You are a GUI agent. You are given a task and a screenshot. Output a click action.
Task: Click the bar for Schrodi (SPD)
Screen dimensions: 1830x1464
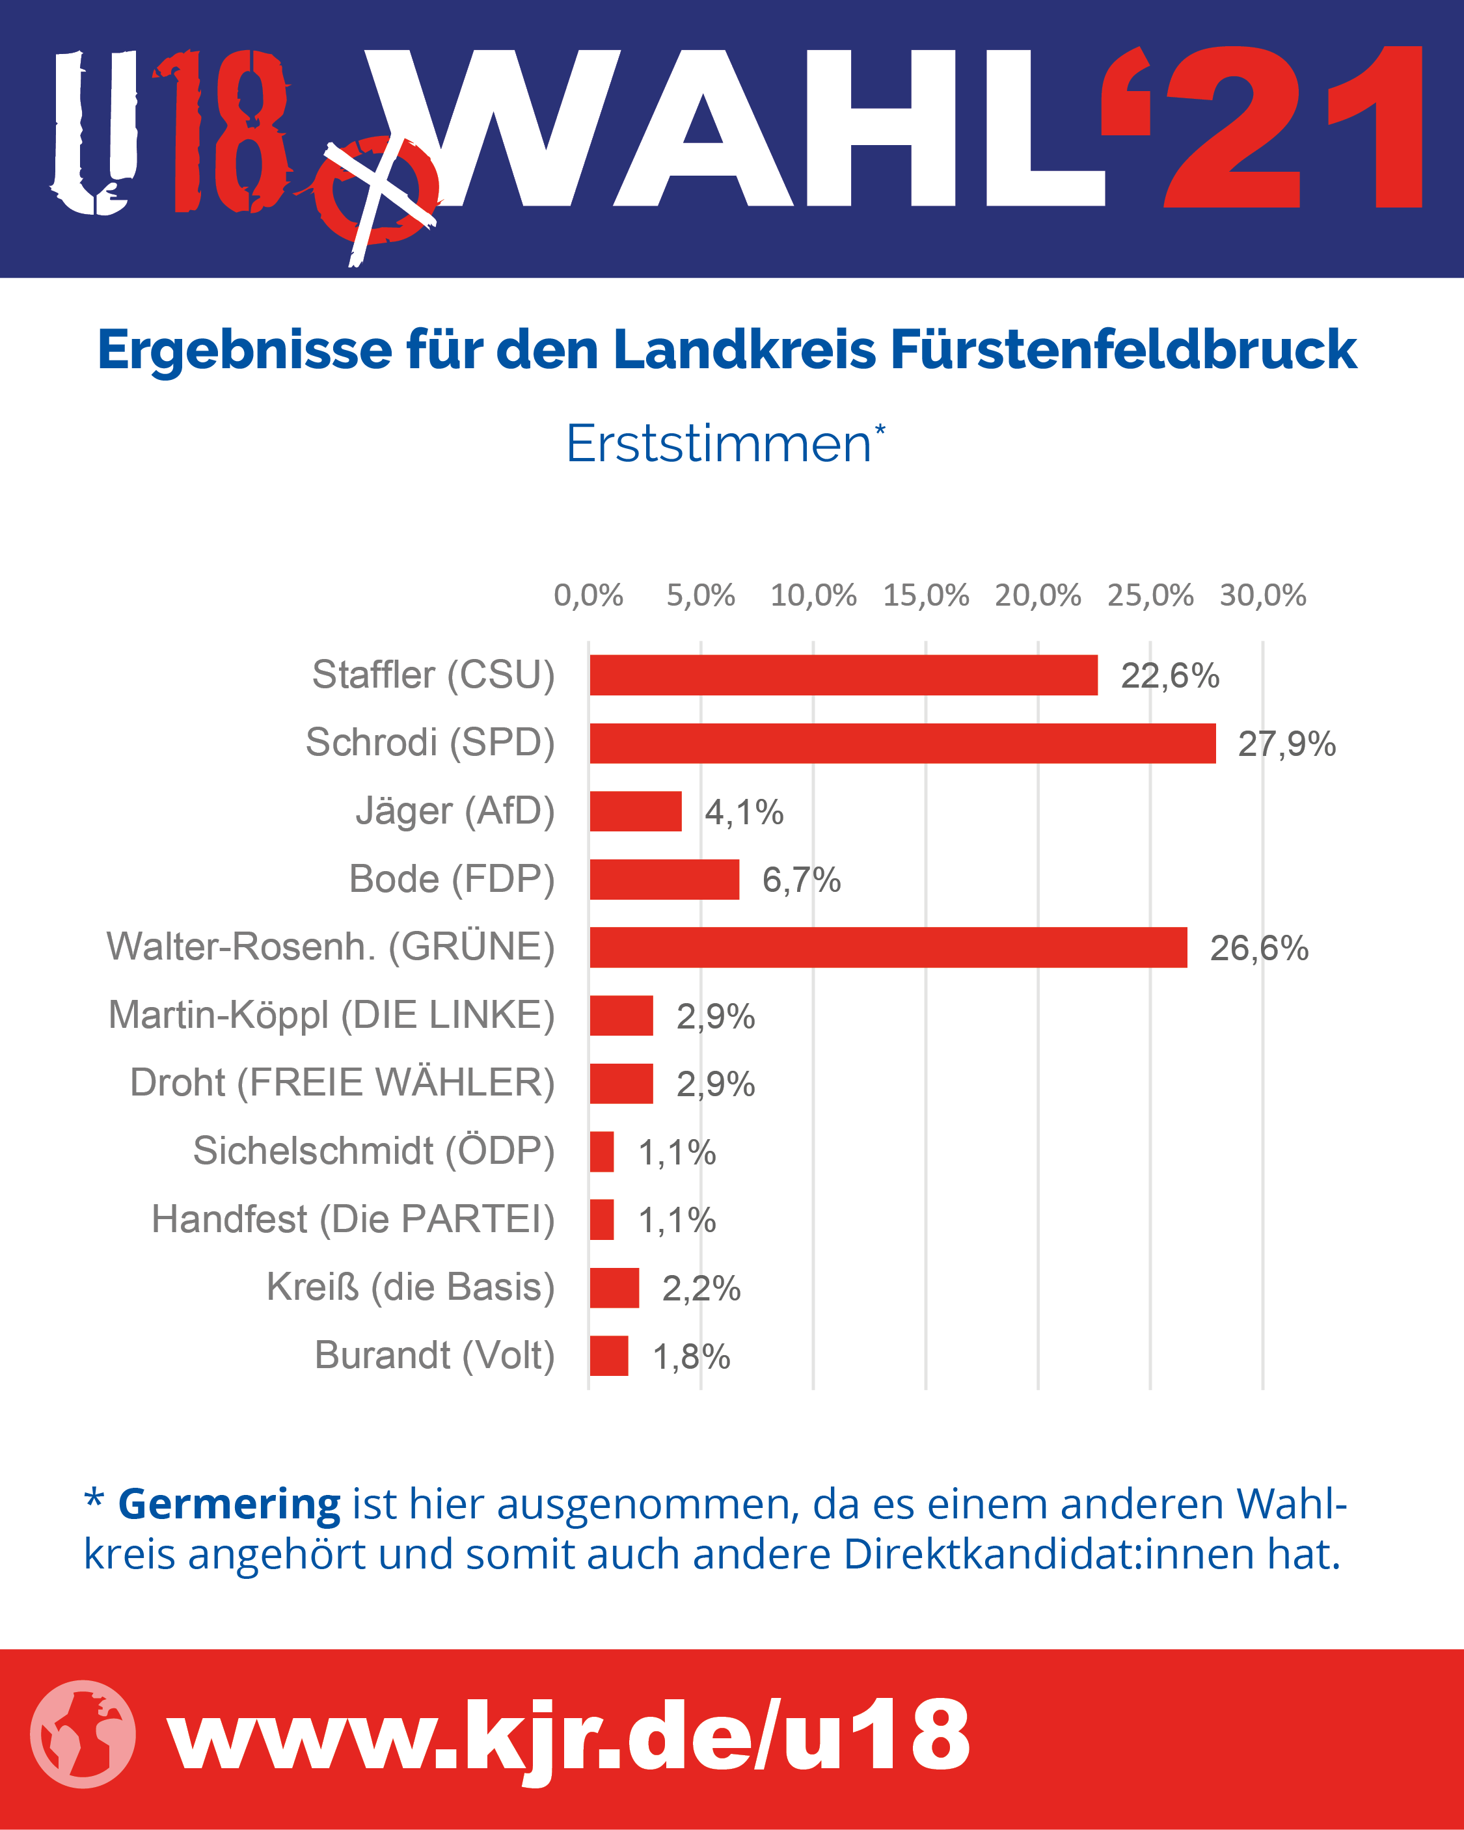[902, 744]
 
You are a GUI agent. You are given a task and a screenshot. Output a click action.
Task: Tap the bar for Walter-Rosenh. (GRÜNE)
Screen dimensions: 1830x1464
[888, 947]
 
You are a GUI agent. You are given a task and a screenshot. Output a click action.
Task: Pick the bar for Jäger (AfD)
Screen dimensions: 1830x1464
[636, 811]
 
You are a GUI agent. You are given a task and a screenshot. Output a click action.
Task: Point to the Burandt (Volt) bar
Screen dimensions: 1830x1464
[609, 1356]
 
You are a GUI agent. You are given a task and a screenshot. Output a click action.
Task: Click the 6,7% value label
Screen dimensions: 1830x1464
[802, 880]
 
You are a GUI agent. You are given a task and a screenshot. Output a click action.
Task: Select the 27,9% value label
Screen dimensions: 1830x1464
[1286, 744]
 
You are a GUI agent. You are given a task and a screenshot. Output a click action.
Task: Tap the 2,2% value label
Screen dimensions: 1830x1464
[701, 1289]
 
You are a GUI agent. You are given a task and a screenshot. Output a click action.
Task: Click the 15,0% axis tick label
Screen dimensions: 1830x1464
[926, 595]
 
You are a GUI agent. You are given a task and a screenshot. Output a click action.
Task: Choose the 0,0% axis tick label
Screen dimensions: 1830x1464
[588, 595]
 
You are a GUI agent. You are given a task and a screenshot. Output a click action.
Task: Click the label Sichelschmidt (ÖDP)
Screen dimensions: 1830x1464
[373, 1151]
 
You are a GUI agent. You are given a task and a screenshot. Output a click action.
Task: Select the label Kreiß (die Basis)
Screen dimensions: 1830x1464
[410, 1287]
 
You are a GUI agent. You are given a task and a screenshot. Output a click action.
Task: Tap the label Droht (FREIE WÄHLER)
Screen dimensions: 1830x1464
[342, 1083]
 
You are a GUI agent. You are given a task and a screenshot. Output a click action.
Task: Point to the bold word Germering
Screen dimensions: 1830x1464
[229, 1504]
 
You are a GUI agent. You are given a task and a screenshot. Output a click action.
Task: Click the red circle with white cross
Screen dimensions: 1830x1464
[378, 192]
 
